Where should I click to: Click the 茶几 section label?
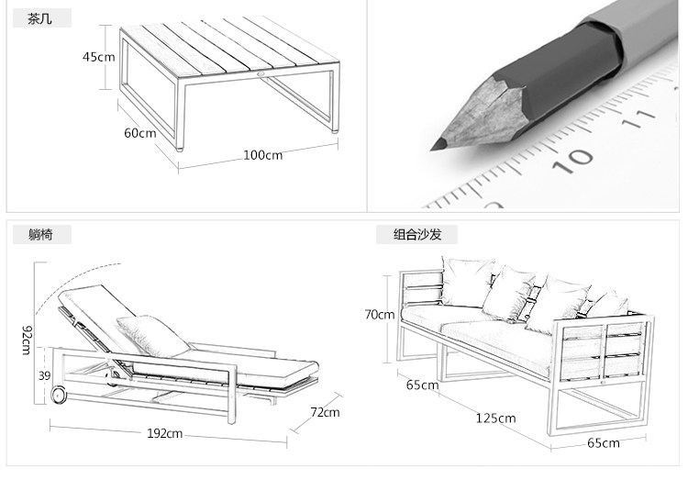point(41,19)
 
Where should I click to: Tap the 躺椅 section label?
point(41,235)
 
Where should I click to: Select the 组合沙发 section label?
point(417,235)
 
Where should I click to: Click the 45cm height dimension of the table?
point(99,57)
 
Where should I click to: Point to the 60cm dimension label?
point(140,133)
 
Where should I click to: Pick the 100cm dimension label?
point(262,155)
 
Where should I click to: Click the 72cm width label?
point(325,413)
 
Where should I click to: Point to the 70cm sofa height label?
point(379,315)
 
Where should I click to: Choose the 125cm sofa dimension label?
point(495,418)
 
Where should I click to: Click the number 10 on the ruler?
point(577,159)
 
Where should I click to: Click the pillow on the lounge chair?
point(147,332)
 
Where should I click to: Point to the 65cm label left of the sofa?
point(422,385)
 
